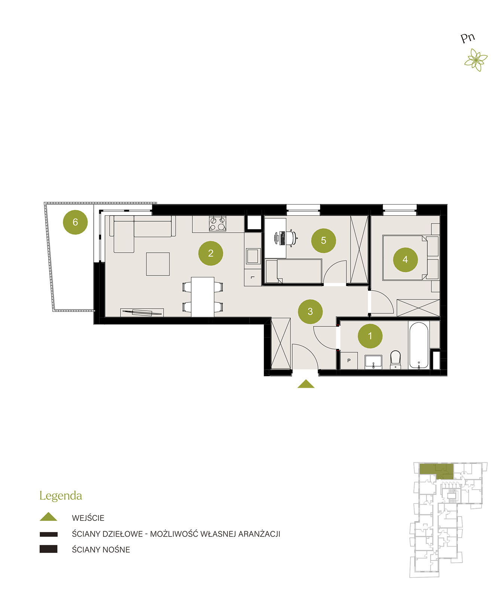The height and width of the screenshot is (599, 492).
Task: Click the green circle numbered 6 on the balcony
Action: coord(75,222)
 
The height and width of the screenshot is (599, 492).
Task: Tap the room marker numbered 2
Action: coord(211,253)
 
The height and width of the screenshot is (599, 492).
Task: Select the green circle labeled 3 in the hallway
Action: coord(310,311)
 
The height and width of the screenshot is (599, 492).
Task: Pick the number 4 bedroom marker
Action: coord(406,259)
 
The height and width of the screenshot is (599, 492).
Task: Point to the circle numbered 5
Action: coord(324,241)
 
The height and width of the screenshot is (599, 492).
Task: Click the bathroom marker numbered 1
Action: coord(370,336)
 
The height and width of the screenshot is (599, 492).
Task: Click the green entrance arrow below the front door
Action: coord(306,384)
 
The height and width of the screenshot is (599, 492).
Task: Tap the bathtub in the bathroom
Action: coord(419,345)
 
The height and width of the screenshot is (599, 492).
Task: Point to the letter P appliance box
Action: coord(349,361)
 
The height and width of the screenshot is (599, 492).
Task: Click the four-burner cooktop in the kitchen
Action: coord(218,224)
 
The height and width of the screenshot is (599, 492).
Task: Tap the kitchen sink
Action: coord(253,256)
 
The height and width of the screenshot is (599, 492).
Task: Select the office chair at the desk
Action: coord(291,238)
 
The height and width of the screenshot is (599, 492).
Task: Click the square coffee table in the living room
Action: coord(158,264)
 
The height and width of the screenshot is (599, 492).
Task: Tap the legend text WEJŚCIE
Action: coord(88,518)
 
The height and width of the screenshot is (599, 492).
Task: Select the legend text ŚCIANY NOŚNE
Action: coord(101,550)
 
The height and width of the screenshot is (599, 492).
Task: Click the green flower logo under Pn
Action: coord(476,60)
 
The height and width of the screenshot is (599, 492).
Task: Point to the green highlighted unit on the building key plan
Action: coord(436,471)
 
